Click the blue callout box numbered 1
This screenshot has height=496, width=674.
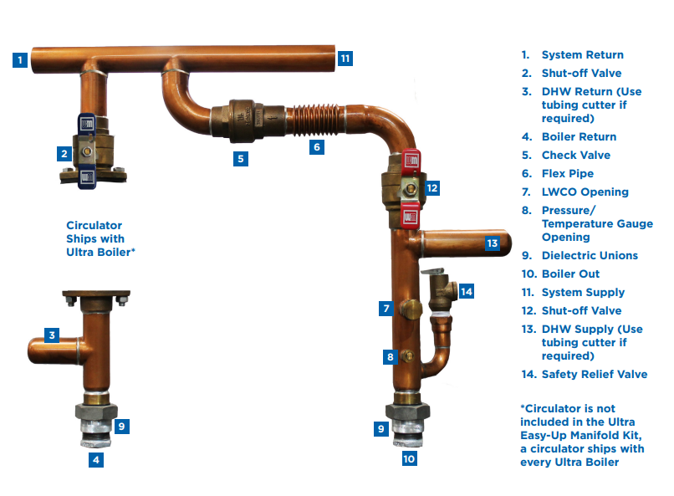[x=20, y=59]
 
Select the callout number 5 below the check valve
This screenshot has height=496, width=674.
[x=240, y=157]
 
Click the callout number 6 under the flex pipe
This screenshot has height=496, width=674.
[x=316, y=147]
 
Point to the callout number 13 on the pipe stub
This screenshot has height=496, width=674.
[x=493, y=243]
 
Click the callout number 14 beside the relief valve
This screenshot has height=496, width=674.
[x=466, y=291]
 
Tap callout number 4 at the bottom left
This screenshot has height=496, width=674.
[x=97, y=459]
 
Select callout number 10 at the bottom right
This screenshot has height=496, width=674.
[x=408, y=458]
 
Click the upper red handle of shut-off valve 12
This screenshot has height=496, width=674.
[x=411, y=159]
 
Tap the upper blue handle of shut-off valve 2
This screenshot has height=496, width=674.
[x=87, y=123]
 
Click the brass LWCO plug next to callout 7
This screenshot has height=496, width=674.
[x=410, y=310]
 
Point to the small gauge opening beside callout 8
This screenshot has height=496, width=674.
[x=408, y=355]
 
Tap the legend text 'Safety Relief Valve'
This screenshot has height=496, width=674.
[x=594, y=374]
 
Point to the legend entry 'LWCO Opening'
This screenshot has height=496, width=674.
[x=585, y=192]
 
